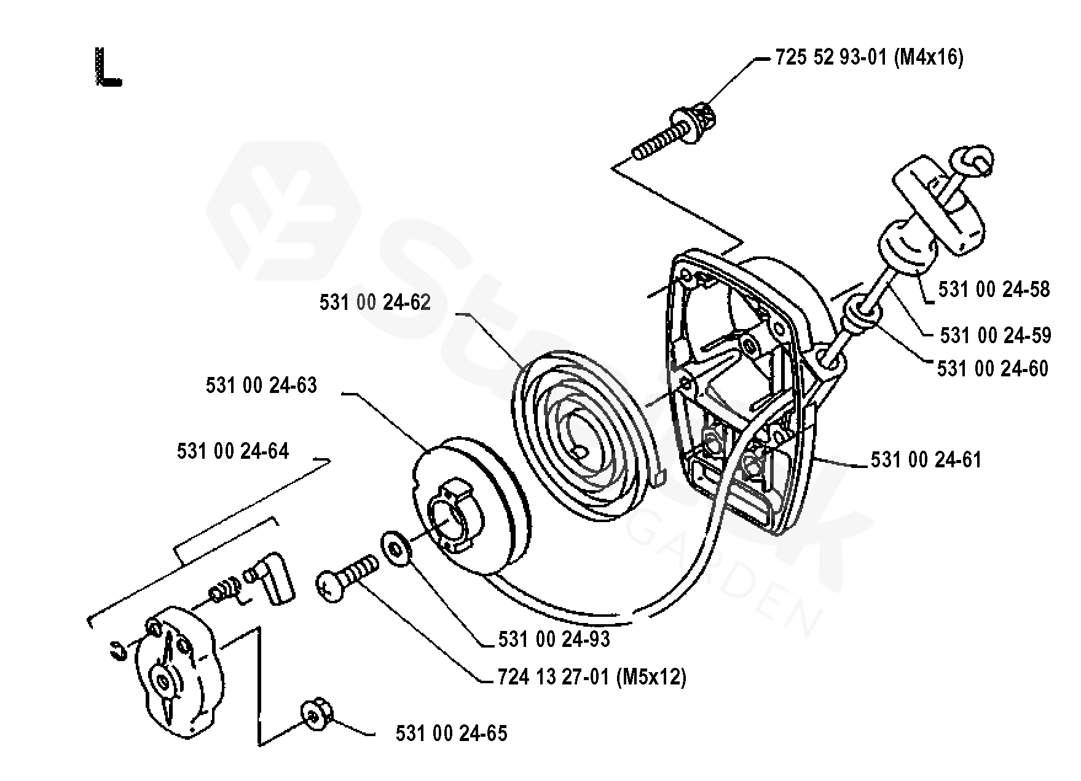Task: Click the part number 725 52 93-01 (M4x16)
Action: [x=869, y=58]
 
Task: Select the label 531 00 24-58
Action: [x=994, y=289]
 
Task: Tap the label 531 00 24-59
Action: [x=996, y=335]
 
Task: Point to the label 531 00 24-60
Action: [x=993, y=368]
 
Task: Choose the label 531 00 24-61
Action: [x=926, y=459]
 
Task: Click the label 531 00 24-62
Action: [x=375, y=303]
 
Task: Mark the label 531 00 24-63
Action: [x=261, y=386]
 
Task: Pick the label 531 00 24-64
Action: [x=232, y=451]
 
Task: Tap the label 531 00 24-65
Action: [x=451, y=734]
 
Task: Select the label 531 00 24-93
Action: [x=554, y=640]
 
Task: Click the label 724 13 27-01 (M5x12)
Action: [x=591, y=677]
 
